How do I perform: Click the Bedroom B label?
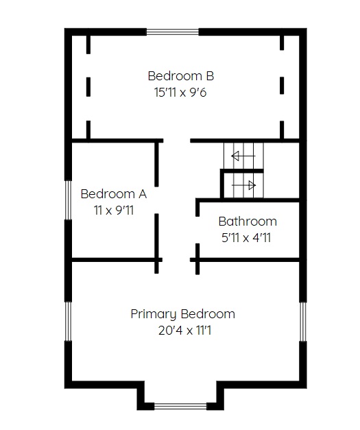(x=180, y=76)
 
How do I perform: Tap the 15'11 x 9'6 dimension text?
(x=180, y=93)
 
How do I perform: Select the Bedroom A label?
(x=114, y=194)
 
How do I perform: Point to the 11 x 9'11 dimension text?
(x=114, y=211)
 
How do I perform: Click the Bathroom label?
(x=248, y=222)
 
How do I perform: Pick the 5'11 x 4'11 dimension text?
(x=246, y=238)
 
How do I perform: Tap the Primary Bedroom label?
(x=183, y=314)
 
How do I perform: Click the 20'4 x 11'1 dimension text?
(x=184, y=331)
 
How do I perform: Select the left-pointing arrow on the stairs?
(x=243, y=156)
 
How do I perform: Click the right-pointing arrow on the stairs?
(x=243, y=185)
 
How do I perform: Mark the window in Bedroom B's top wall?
(x=173, y=32)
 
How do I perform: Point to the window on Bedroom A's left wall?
(x=68, y=200)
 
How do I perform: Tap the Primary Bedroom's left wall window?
(x=68, y=322)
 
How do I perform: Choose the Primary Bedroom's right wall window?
(x=302, y=322)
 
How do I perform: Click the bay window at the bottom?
(x=180, y=407)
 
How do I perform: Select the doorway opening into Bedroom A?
(x=156, y=200)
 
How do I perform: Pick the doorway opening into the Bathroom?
(x=197, y=230)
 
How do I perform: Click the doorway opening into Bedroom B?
(x=177, y=141)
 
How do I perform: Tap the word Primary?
(x=154, y=314)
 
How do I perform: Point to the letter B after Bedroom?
(x=210, y=76)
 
